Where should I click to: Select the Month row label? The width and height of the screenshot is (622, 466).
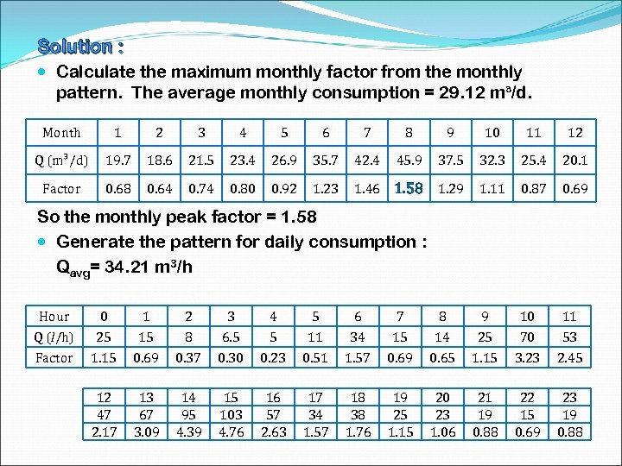click(x=61, y=132)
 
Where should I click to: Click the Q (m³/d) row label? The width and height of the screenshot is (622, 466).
click(x=61, y=160)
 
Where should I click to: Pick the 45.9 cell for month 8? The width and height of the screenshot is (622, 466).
click(x=409, y=160)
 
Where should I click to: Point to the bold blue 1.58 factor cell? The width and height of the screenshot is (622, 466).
click(x=409, y=188)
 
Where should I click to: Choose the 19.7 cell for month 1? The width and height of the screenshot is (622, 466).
click(x=117, y=160)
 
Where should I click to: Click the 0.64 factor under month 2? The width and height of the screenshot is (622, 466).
click(x=159, y=188)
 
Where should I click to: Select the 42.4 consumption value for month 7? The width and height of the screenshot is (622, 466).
click(x=367, y=160)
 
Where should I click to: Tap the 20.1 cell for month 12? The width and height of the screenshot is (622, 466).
click(x=574, y=160)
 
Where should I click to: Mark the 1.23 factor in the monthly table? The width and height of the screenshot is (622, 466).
click(x=326, y=188)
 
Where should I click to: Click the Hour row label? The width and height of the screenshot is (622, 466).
click(x=54, y=317)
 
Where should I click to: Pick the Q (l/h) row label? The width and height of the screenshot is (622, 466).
click(x=54, y=337)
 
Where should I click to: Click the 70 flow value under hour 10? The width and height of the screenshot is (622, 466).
click(x=527, y=337)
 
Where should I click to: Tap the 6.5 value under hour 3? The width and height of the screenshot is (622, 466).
click(x=231, y=337)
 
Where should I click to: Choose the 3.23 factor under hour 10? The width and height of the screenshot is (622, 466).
click(x=527, y=356)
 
